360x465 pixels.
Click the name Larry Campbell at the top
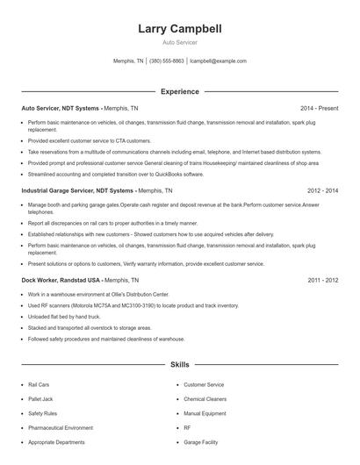coord(180,29)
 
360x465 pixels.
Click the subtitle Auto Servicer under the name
coord(180,42)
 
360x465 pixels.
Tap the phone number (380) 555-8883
coord(167,61)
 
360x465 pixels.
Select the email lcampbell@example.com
coord(218,61)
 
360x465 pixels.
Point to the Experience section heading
coord(180,91)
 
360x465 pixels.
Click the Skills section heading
coord(180,364)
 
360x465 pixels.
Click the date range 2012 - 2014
coord(323,190)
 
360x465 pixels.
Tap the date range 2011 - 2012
coord(323,280)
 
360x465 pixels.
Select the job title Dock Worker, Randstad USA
coord(61,280)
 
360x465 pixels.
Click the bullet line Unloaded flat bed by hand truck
coord(64,317)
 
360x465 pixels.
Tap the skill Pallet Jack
coord(40,399)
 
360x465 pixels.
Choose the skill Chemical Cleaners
coord(205,399)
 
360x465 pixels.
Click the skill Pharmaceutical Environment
coord(61,428)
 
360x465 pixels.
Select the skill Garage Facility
coord(201,443)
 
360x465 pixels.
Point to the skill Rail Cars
coord(40,384)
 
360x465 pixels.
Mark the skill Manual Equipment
coord(205,413)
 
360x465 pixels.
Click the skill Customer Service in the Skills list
coord(204,384)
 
